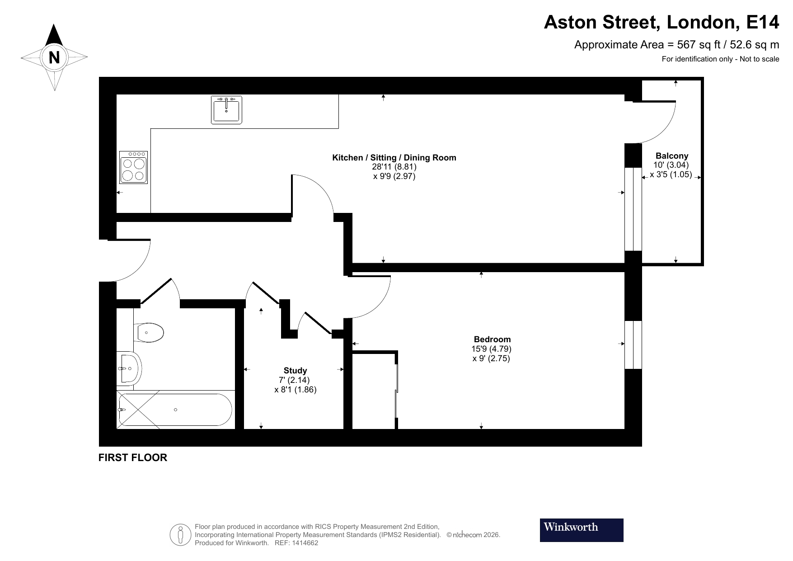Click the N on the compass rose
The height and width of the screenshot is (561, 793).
tap(54, 57)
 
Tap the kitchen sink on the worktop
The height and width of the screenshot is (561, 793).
tap(226, 110)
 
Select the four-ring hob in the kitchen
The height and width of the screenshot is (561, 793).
tap(134, 167)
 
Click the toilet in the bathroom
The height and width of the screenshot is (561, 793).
tap(149, 333)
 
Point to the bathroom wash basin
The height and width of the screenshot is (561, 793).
tap(130, 368)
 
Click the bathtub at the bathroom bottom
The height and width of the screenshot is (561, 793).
tap(175, 410)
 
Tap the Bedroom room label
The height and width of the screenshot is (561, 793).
tap(492, 339)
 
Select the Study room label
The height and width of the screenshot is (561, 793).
tap(295, 371)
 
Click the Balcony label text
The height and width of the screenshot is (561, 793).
tap(671, 156)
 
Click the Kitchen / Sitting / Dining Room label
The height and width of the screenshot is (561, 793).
tap(394, 158)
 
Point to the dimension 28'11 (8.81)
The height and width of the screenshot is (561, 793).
tap(394, 167)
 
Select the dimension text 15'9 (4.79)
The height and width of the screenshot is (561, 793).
tap(491, 349)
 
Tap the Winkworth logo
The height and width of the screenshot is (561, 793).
tap(582, 530)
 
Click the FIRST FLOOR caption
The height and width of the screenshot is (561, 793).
tap(133, 457)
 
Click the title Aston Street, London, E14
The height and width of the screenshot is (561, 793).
tap(661, 22)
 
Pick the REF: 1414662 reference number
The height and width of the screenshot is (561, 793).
tap(296, 543)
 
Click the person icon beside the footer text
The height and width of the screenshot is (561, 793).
tap(181, 535)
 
